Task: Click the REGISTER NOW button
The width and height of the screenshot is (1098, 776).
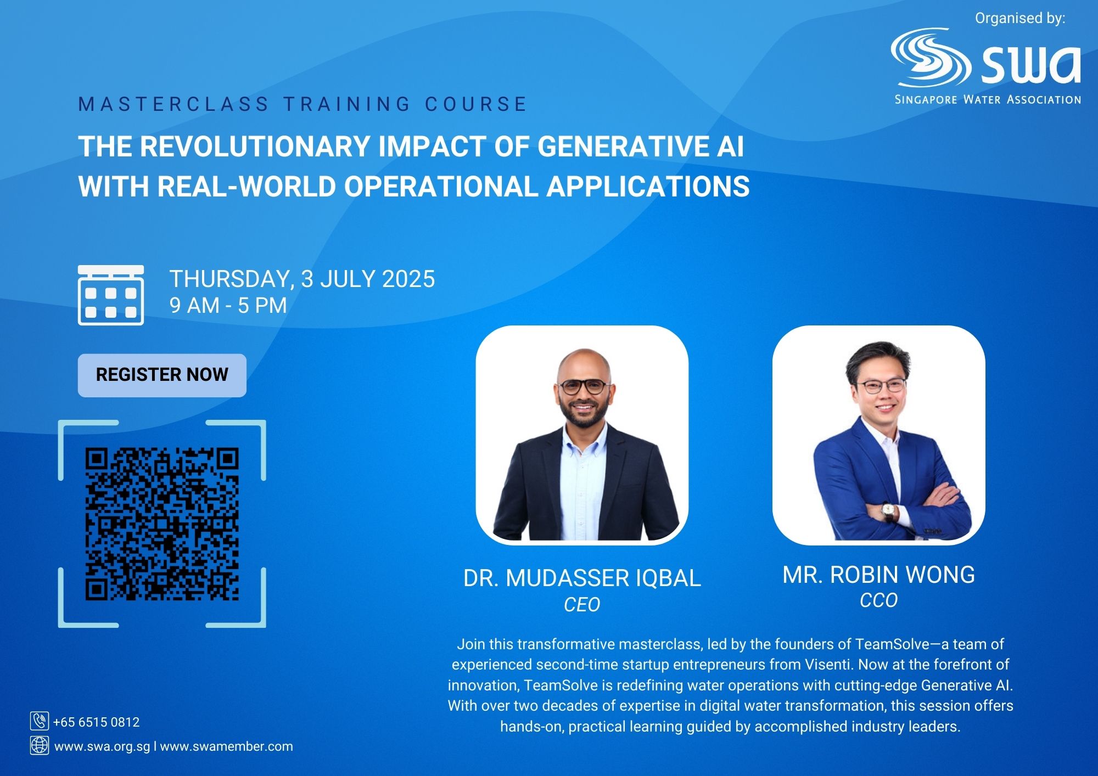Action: pos(162,375)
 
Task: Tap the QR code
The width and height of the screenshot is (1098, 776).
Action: pos(162,524)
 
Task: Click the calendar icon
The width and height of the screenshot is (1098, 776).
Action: pos(111,295)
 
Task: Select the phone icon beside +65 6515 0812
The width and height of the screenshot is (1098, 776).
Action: pos(39,721)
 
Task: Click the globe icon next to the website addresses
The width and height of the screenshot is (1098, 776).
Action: pos(39,745)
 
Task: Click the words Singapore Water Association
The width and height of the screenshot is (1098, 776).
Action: pos(988,100)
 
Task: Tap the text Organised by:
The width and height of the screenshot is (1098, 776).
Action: pos(1020,18)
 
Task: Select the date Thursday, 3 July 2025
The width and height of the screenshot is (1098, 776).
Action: pos(302,279)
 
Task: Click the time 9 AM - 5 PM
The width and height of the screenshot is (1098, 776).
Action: pos(228,306)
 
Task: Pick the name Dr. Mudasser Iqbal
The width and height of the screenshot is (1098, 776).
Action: pos(582,578)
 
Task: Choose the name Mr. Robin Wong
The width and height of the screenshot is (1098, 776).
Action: pos(878,575)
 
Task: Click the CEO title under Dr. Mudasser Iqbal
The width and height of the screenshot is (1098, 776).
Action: pos(582,605)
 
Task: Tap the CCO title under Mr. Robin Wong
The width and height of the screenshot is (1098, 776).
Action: pos(878,600)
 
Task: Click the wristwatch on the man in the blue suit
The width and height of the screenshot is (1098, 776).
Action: pos(888,512)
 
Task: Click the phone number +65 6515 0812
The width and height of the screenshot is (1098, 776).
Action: pos(97,722)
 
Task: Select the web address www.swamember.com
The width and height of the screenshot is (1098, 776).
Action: pos(227,746)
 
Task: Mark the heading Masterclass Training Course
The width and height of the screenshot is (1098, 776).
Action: pos(303,104)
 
